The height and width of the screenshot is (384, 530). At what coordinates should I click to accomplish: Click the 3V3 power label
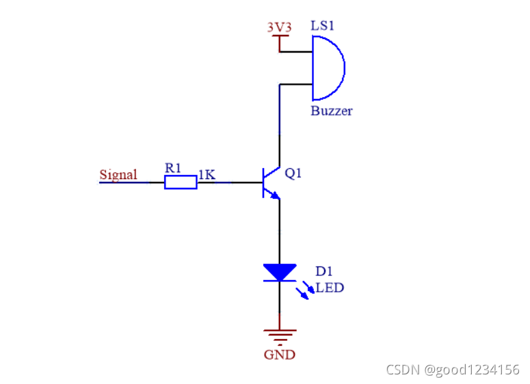pyautogui.click(x=278, y=27)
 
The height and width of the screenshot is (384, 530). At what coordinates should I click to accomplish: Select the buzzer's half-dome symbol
pyautogui.click(x=328, y=68)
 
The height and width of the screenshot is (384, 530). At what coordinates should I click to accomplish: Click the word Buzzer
pyautogui.click(x=332, y=111)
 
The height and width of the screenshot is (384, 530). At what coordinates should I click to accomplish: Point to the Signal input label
pyautogui.click(x=118, y=174)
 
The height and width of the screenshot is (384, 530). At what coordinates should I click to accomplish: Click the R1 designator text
pyautogui.click(x=173, y=167)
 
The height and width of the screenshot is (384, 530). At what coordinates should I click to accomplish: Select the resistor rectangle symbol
pyautogui.click(x=181, y=182)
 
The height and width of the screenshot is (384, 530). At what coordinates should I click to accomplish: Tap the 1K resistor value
pyautogui.click(x=207, y=175)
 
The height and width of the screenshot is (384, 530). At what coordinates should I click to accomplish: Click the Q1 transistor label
pyautogui.click(x=293, y=174)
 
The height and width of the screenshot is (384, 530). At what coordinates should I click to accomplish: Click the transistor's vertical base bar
pyautogui.click(x=264, y=182)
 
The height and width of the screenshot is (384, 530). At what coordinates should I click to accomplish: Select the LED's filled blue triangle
pyautogui.click(x=280, y=272)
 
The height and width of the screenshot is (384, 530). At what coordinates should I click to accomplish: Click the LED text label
pyautogui.click(x=330, y=288)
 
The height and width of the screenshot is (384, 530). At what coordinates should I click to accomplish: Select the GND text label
pyautogui.click(x=280, y=354)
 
